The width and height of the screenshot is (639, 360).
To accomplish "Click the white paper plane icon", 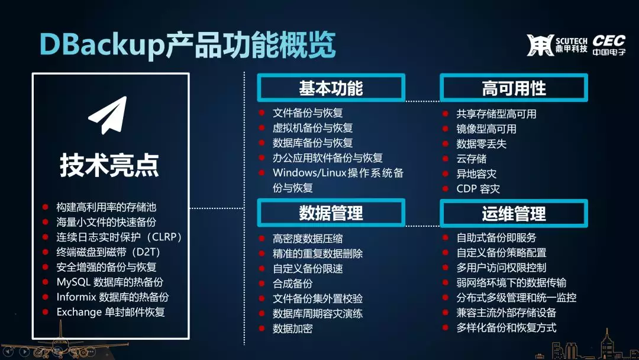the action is [x=108, y=115].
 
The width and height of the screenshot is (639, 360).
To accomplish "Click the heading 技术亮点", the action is [x=109, y=165].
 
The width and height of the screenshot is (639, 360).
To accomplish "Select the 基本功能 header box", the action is [x=331, y=88].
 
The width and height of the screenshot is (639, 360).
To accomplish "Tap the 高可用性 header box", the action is [x=514, y=88].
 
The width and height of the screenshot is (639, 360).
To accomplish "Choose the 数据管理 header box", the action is [x=331, y=213].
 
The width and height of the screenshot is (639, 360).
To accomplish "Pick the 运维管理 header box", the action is [x=514, y=213].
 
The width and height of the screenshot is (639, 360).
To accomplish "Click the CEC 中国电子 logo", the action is [x=609, y=45].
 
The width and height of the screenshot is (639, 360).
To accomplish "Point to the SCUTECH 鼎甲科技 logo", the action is [x=557, y=45].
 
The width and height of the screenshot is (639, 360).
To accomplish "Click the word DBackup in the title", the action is [x=102, y=45].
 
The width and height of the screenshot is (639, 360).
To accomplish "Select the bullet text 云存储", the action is [x=471, y=159].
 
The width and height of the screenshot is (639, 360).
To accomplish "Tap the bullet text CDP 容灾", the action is [x=478, y=189].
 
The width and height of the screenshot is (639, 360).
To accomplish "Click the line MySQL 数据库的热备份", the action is [x=110, y=282].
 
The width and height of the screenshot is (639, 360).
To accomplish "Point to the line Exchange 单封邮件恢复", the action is [x=111, y=312].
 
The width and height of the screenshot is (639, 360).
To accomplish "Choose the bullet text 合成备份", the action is [x=293, y=284].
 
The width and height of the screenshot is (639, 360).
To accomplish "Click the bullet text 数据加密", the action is [x=293, y=328].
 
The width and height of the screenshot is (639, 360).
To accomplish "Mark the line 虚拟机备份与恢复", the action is [x=312, y=128].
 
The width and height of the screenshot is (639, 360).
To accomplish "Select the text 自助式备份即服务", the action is [x=496, y=237].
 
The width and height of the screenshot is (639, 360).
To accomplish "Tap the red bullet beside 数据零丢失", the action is [x=446, y=143].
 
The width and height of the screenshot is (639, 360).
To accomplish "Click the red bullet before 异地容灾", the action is [x=446, y=173].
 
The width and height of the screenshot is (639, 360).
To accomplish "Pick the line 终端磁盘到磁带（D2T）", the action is [x=108, y=252].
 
